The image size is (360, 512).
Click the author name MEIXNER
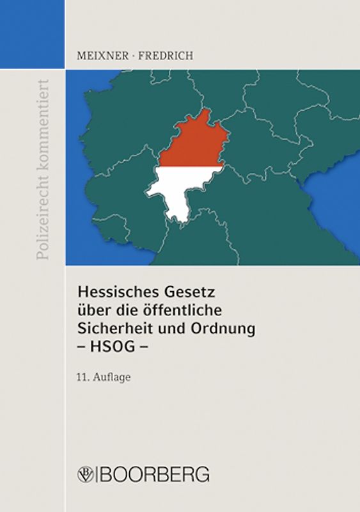[95, 55]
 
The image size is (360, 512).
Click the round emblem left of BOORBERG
[85, 475]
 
